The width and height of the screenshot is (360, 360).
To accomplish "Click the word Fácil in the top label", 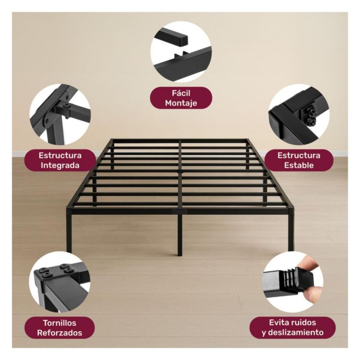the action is coord(181,93).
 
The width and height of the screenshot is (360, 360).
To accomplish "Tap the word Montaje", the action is coord(181,103).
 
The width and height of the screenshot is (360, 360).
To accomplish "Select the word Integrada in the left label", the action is coord(60,165).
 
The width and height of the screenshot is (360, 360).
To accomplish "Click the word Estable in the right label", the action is coord(299,165).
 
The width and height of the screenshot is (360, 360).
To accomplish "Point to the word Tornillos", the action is coord(60,323).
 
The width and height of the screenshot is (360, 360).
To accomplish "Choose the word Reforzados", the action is coord(60,333).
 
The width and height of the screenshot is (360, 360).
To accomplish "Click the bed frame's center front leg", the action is coord(180,235).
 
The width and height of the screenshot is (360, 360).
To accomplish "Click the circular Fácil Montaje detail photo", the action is coord(181,52).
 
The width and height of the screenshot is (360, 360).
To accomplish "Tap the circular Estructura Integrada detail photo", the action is coord(60,114).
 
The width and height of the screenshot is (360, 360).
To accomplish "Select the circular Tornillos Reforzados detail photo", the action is coord(60,282).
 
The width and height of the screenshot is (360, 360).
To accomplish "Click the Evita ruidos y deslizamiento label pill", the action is coord(292,328).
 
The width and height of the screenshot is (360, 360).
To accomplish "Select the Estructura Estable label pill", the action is coord(299,160).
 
